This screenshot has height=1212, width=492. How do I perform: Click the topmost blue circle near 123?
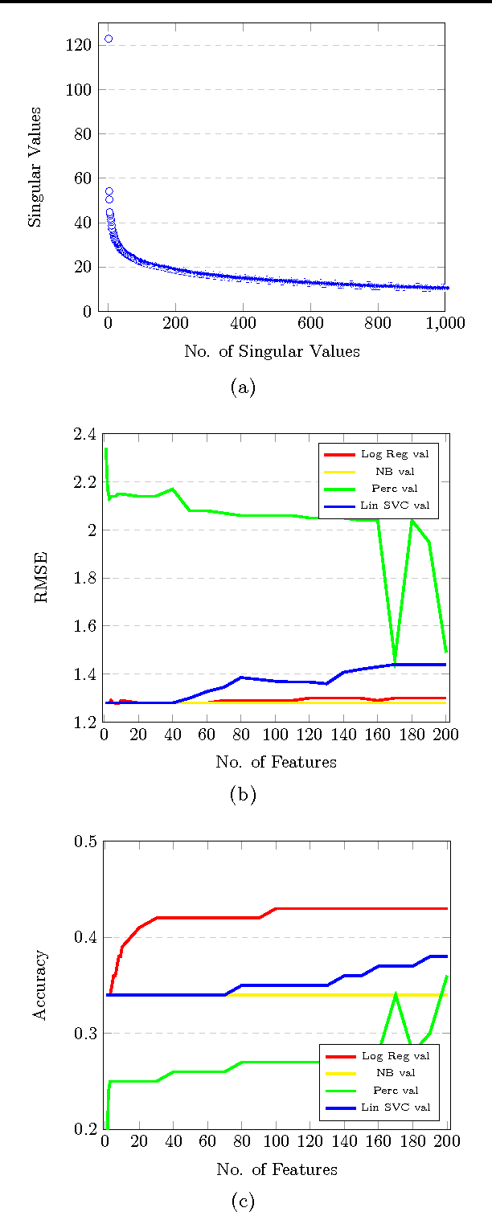[109, 39]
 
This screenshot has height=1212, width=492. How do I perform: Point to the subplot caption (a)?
[243, 387]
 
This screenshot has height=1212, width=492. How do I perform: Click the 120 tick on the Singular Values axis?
[80, 46]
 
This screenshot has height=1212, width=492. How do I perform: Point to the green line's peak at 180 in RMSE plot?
[412, 521]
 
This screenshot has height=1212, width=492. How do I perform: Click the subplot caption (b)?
[243, 795]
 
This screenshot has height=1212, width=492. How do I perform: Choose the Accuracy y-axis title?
[39, 985]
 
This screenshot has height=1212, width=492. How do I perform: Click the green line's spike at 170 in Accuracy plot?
[396, 994]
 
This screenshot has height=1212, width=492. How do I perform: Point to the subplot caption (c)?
[243, 1202]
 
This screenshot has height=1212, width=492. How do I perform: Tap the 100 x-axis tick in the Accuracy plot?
[277, 1142]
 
